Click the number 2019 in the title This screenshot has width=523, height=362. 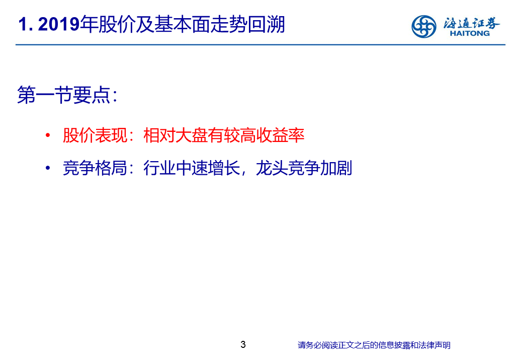pyautogui.click(x=59, y=24)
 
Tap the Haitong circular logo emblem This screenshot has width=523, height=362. pyautogui.click(x=423, y=26)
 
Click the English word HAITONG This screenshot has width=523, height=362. pyautogui.click(x=470, y=33)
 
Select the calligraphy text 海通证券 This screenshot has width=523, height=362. pyautogui.click(x=471, y=23)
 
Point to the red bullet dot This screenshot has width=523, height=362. pyautogui.click(x=48, y=135)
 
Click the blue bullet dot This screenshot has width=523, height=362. pyautogui.click(x=48, y=167)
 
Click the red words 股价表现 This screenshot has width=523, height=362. pyautogui.click(x=95, y=135)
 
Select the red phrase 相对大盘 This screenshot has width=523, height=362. pyautogui.click(x=176, y=135)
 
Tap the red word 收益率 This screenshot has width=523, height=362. pyautogui.click(x=280, y=135)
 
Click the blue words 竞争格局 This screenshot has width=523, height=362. pyautogui.click(x=95, y=168)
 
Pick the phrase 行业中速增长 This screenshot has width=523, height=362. pyautogui.click(x=192, y=168)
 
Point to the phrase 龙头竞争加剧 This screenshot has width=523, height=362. pyautogui.click(x=304, y=168)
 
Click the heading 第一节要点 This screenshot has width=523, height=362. pyautogui.click(x=64, y=95)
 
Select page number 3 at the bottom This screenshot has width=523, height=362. pyautogui.click(x=243, y=344)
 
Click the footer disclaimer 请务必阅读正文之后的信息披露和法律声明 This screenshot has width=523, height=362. pyautogui.click(x=374, y=345)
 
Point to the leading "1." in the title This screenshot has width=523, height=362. pyautogui.click(x=26, y=24)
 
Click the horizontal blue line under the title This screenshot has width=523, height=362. pyautogui.click(x=260, y=44)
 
